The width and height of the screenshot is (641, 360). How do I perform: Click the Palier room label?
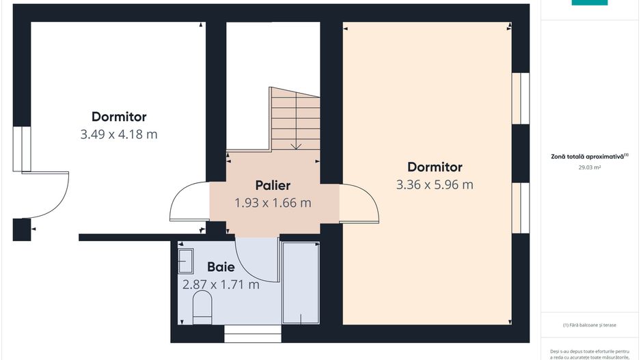click(273, 185)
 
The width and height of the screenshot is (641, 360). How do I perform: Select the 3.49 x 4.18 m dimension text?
click(119, 135)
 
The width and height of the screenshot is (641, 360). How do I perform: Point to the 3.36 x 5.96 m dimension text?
click(435, 184)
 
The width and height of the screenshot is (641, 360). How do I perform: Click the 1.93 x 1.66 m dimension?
click(273, 203)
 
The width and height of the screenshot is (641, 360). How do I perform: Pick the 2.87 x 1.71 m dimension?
click(221, 285)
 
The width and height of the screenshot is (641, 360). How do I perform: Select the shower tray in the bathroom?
click(301, 281)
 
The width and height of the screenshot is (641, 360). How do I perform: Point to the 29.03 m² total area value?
click(589, 167)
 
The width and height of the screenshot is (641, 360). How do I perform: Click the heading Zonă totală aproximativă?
click(589, 156)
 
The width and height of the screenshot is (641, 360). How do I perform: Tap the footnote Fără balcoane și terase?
click(589, 325)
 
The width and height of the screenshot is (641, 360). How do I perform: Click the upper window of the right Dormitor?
click(521, 98)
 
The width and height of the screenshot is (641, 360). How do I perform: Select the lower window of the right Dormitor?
click(521, 208)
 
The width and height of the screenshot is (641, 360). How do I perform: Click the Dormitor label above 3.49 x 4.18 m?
click(119, 117)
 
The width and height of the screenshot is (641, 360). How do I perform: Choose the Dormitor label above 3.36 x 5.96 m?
click(435, 167)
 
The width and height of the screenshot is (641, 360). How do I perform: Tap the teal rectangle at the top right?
click(589, 2)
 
